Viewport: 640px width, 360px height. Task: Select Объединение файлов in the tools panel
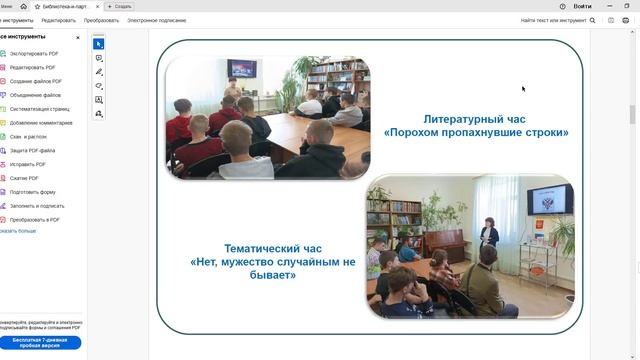[35, 95]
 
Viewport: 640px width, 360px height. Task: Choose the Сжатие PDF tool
[25, 178]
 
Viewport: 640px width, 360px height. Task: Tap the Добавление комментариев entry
[40, 122]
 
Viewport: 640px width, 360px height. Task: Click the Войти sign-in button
[582, 6]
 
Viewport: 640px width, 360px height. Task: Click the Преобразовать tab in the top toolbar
[101, 20]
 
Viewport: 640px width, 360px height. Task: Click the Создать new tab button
[120, 6]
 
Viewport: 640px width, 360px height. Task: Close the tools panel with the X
[78, 37]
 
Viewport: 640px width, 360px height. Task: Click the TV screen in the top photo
[240, 70]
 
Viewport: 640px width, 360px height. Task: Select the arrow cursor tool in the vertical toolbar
[99, 44]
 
